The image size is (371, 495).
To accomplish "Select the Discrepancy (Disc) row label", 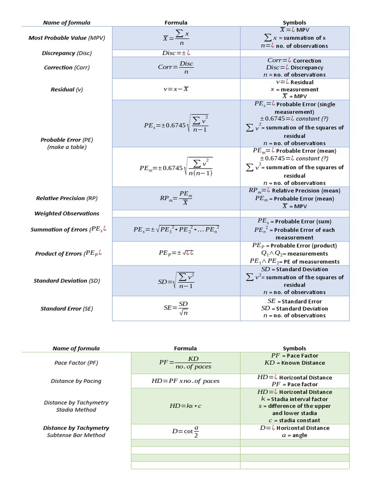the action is click(x=67, y=53).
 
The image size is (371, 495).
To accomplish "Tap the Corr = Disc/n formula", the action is click(x=176, y=67).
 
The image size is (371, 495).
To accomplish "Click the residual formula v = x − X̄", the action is click(x=176, y=89).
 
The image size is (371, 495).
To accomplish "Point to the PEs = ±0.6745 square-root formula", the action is click(x=176, y=123).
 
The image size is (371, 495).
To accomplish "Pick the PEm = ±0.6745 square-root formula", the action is click(x=176, y=167).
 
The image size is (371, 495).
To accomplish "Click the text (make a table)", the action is click(x=67, y=147).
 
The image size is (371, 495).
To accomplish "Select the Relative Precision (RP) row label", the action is click(x=67, y=198).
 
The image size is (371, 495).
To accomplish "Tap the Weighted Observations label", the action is click(x=67, y=213).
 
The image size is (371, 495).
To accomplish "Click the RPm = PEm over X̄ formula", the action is click(x=176, y=198).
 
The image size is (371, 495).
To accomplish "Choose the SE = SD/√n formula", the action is click(x=176, y=308).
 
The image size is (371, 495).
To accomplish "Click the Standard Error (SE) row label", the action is click(x=67, y=308).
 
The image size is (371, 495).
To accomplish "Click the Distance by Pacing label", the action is click(x=76, y=381).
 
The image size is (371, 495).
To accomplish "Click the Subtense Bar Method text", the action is click(x=76, y=435).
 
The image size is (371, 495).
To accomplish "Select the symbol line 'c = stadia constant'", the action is click(x=294, y=420).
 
